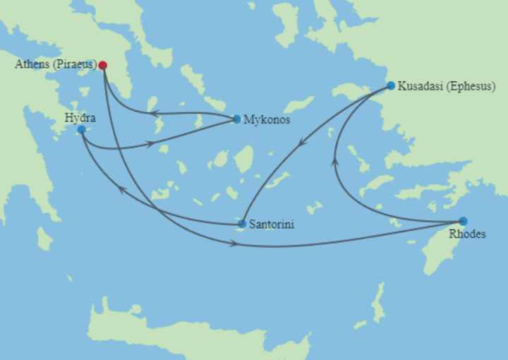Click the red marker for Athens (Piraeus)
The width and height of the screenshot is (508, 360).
[103, 66]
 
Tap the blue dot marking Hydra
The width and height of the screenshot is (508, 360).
[82, 130]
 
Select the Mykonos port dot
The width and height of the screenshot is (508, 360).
[236, 119]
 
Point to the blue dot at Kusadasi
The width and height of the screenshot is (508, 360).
[391, 86]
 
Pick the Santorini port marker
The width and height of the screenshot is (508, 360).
[242, 224]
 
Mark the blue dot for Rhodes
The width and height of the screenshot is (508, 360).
[463, 221]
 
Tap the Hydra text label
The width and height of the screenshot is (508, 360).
[80, 117]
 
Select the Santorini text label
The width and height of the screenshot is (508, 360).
[272, 224]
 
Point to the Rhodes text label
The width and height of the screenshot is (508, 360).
[467, 234]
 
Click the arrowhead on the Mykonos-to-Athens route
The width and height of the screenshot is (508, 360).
[152, 113]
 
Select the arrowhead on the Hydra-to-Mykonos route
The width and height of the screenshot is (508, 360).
[150, 143]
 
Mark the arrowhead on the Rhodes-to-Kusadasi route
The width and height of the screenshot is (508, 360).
[335, 163]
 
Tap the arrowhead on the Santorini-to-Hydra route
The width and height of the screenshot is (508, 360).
[121, 189]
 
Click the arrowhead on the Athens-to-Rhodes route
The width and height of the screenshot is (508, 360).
[234, 244]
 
